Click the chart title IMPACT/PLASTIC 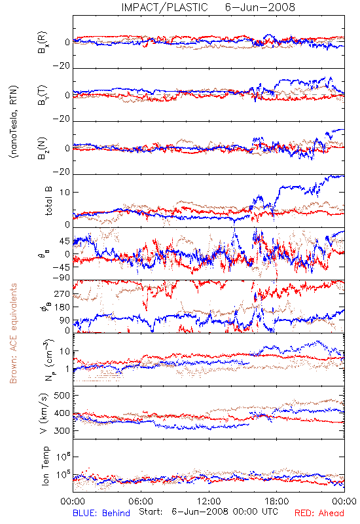pyautogui.click(x=164, y=7)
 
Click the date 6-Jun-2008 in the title pyautogui.click(x=260, y=7)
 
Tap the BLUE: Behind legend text pyautogui.click(x=101, y=513)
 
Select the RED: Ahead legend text pyautogui.click(x=319, y=513)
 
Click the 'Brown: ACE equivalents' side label pyautogui.click(x=13, y=333)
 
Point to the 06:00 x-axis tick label pyautogui.click(x=141, y=501)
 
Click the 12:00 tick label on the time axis pyautogui.click(x=209, y=501)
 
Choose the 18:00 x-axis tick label pyautogui.click(x=277, y=501)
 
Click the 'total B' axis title pyautogui.click(x=48, y=201)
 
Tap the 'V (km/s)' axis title pyautogui.click(x=44, y=413)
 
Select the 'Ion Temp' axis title pyautogui.click(x=45, y=466)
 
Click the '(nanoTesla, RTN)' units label pyautogui.click(x=14, y=122)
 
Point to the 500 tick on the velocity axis pyautogui.click(x=62, y=396)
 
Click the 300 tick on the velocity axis pyautogui.click(x=62, y=431)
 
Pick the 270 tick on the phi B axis pyautogui.click(x=62, y=293)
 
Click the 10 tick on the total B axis pyautogui.click(x=65, y=193)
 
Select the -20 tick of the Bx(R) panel pyautogui.click(x=61, y=66)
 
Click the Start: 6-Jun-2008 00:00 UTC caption pyautogui.click(x=208, y=512)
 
